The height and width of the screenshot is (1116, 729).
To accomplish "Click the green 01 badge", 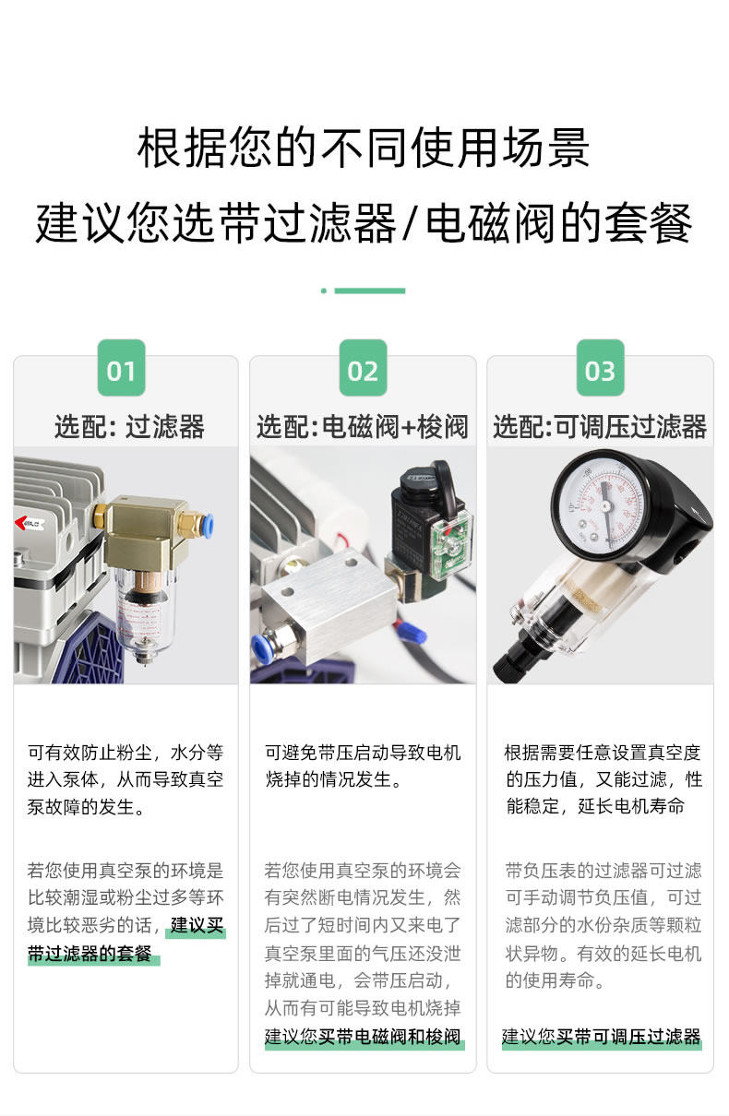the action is pyautogui.click(x=121, y=368).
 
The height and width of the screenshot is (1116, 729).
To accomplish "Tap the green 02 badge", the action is pyautogui.click(x=363, y=368).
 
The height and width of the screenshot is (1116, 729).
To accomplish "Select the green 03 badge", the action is pyautogui.click(x=601, y=368).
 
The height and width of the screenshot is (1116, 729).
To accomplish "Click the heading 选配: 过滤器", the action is pyautogui.click(x=129, y=427).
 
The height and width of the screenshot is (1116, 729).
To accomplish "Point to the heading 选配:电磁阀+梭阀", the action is pyautogui.click(x=363, y=427).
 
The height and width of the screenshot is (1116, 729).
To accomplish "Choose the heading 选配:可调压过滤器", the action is pyautogui.click(x=600, y=427).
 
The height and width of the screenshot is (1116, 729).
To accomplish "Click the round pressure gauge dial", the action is pyautogui.click(x=604, y=505).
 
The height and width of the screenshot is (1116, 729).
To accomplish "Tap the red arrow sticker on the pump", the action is pyautogui.click(x=29, y=523).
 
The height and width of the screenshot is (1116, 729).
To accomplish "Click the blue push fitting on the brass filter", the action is pyautogui.click(x=207, y=526).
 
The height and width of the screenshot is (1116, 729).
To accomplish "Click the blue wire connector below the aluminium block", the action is pyautogui.click(x=412, y=633).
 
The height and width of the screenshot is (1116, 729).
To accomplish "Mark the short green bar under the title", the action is pyautogui.click(x=369, y=291).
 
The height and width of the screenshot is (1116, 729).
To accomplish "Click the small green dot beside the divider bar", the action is pyautogui.click(x=324, y=291).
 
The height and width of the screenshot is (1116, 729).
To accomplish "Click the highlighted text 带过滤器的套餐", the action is pyautogui.click(x=90, y=954).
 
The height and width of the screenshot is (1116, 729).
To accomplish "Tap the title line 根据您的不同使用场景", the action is pyautogui.click(x=364, y=148).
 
